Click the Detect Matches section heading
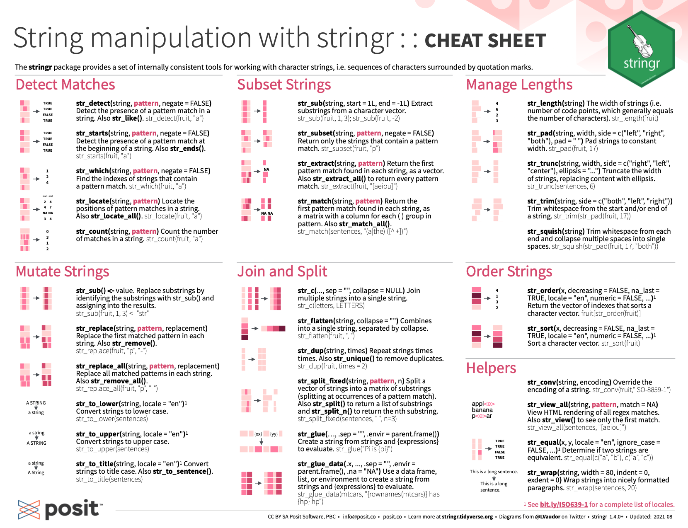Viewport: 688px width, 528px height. [65, 85]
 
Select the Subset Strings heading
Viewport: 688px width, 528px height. [284, 85]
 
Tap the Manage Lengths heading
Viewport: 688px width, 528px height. [519, 85]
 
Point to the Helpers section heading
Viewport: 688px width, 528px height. [491, 368]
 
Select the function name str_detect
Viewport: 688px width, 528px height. [93, 103]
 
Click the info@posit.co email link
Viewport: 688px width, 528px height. [359, 517]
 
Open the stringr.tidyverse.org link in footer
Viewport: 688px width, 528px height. [467, 517]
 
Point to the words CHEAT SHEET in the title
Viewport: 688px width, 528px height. [485, 41]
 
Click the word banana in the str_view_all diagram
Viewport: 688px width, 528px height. [482, 410]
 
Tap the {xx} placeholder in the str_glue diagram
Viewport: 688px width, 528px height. [258, 434]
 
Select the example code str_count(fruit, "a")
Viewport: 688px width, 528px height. [174, 239]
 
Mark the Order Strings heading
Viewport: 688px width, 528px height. [509, 271]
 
